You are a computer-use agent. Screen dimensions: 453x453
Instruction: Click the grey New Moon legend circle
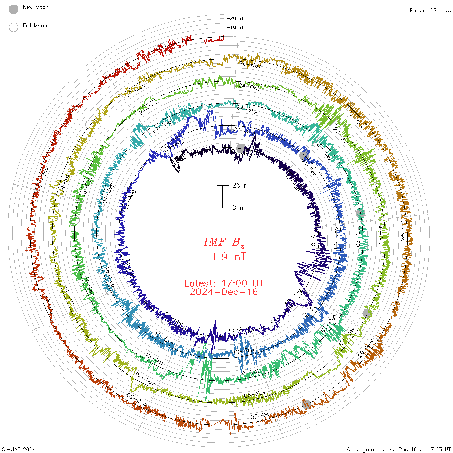coord(14,9)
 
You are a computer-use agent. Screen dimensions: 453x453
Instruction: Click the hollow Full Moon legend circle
coord(14,27)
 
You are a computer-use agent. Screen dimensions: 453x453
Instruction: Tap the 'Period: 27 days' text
coord(430,10)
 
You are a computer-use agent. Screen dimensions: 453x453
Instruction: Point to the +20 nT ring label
coord(235,18)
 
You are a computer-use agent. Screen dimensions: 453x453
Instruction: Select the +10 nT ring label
coord(235,27)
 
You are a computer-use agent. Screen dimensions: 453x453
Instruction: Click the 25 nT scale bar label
coord(241,185)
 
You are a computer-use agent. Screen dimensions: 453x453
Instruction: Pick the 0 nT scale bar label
coord(239,207)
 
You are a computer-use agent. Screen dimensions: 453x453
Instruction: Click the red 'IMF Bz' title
coord(224,242)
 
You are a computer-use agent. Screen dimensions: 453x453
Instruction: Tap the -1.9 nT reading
coord(224,257)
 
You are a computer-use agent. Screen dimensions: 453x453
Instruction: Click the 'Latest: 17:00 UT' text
coord(224,283)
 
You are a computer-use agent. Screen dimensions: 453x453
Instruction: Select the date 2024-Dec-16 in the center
coord(224,292)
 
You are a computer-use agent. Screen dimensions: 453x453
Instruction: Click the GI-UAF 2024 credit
coord(19,449)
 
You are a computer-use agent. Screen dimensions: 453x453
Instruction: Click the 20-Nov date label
coord(250,64)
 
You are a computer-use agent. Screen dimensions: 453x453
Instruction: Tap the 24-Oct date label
coord(249,87)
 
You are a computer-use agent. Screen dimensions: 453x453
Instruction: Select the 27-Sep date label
coord(247,109)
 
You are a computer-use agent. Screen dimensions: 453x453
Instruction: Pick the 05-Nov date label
coord(255,394)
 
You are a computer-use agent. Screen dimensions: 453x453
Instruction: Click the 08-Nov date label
coord(145,379)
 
